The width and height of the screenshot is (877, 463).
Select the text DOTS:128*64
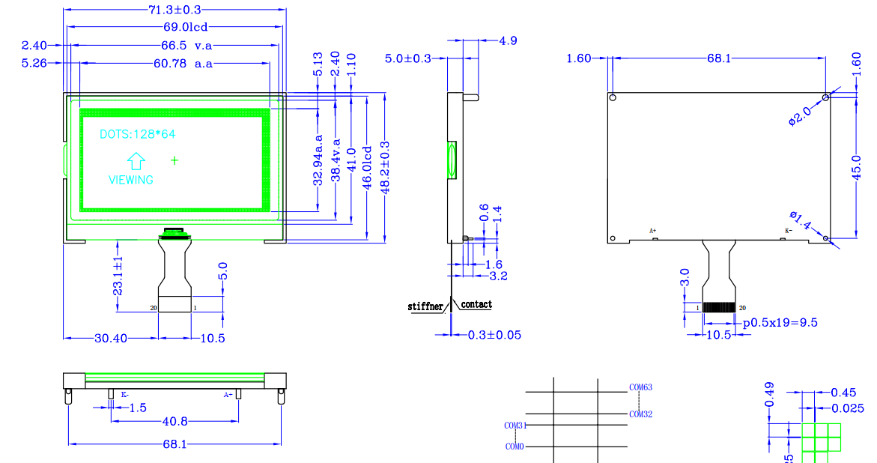[x=138, y=134]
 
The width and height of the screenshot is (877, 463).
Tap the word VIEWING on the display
[x=131, y=180]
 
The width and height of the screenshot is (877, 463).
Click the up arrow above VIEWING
[x=136, y=161]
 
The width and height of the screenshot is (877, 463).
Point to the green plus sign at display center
[x=175, y=160]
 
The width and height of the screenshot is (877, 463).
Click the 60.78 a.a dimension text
[x=183, y=64]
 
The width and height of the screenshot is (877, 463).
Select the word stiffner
[x=425, y=306]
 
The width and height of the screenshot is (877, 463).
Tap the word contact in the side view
[x=476, y=304]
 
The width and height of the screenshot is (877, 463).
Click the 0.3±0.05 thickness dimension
[x=494, y=335]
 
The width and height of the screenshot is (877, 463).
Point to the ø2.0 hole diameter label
[x=799, y=116]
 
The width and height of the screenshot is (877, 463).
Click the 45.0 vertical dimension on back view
[x=858, y=166]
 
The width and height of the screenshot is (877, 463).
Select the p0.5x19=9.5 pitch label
[x=780, y=323]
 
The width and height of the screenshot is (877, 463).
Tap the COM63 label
[x=640, y=387]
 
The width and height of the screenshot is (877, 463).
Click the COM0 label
[x=515, y=447]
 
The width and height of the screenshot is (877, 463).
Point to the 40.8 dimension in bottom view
[x=175, y=421]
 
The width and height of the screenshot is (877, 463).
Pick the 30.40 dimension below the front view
[x=110, y=339]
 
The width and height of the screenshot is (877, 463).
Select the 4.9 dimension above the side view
[x=508, y=40]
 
